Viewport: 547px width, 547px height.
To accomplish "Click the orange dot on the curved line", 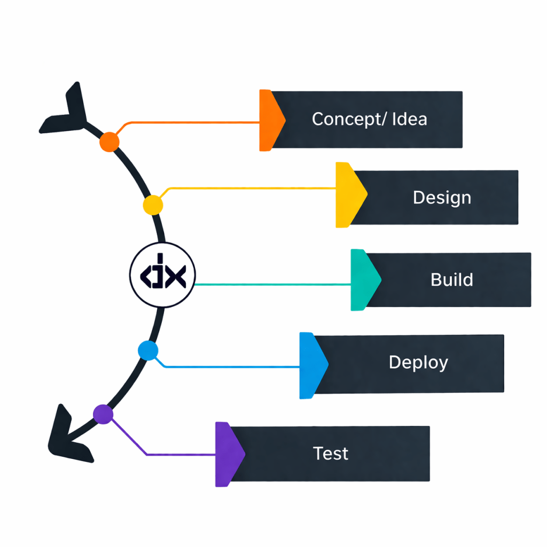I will (x=110, y=142).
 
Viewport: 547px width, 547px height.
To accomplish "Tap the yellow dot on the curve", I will (x=153, y=205).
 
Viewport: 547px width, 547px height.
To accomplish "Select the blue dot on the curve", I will (x=148, y=350).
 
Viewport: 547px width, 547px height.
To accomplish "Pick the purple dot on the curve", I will (x=103, y=414).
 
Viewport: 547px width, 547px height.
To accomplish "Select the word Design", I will (x=442, y=198).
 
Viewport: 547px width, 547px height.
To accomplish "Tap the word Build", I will (x=451, y=279).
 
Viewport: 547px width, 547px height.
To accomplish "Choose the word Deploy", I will (x=418, y=362).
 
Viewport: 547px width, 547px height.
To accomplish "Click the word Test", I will (x=331, y=454).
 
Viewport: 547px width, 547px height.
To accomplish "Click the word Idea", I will (x=410, y=119).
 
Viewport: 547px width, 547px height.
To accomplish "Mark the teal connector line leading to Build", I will (x=272, y=285).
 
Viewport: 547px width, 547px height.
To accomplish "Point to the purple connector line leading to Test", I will (x=182, y=455).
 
